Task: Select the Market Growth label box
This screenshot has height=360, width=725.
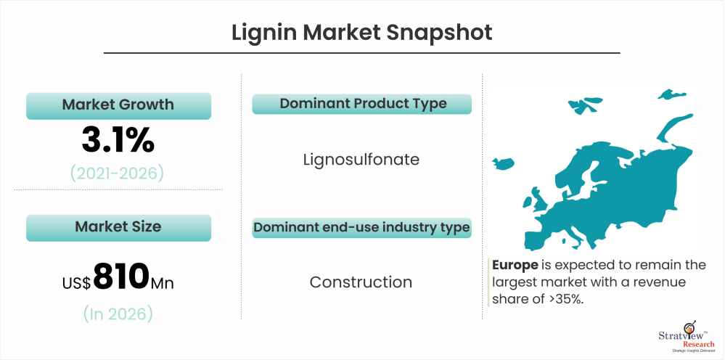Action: pyautogui.click(x=118, y=106)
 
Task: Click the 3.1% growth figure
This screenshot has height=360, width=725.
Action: pyautogui.click(x=118, y=141)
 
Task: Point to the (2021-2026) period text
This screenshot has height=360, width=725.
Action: pyautogui.click(x=117, y=173)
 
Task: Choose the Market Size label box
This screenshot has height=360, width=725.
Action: pyautogui.click(x=118, y=227)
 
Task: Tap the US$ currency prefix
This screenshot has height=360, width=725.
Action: pyautogui.click(x=77, y=282)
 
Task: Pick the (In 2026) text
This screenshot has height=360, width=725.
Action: pyautogui.click(x=118, y=314)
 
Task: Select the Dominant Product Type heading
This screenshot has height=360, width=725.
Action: pyautogui.click(x=361, y=104)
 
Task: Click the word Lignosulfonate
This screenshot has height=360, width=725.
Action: pyautogui.click(x=361, y=160)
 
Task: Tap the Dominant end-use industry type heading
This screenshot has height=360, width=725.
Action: pyautogui.click(x=361, y=228)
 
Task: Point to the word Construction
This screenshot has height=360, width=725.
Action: pyautogui.click(x=361, y=282)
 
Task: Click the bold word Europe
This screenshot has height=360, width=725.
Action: pyautogui.click(x=515, y=265)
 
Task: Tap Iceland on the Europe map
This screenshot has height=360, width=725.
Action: pyautogui.click(x=504, y=163)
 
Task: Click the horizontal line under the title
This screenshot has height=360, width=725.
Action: pyautogui.click(x=361, y=53)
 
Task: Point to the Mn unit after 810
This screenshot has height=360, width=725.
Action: pyautogui.click(x=163, y=282)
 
